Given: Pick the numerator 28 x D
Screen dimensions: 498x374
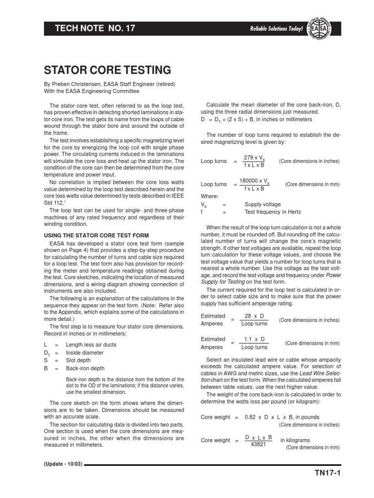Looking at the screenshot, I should [x=255, y=316].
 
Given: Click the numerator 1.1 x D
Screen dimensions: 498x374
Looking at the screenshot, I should [x=255, y=339].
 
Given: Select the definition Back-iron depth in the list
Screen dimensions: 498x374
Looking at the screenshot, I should [x=85, y=369].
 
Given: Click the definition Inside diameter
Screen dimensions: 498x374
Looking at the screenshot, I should [x=85, y=353].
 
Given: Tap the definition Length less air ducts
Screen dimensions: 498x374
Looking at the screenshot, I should [x=92, y=345].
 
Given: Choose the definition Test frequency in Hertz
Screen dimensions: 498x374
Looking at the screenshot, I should [x=273, y=212].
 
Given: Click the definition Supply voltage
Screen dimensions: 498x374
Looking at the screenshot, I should [x=262, y=204].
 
